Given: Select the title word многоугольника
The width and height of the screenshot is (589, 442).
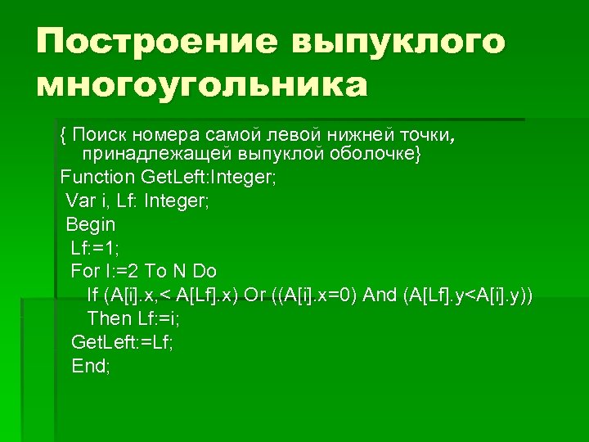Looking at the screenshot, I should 201,83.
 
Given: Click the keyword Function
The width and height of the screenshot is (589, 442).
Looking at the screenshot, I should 97,177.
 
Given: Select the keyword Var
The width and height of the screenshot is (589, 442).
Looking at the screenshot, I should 80,201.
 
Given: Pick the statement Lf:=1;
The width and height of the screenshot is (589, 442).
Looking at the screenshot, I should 95,247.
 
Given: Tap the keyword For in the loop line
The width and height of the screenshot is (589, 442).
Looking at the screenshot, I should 84,271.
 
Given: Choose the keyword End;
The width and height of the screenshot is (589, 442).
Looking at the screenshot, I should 91,366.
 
